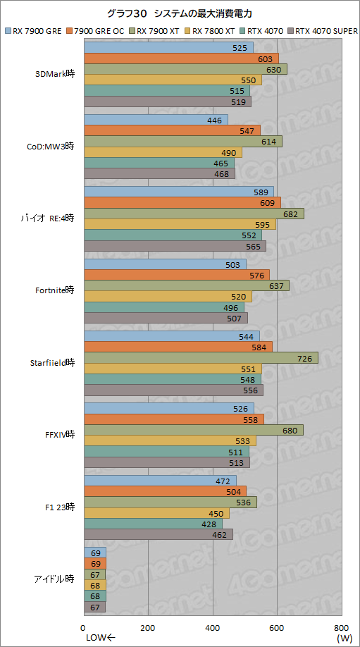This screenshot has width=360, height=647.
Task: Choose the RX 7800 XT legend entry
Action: pyautogui.click(x=211, y=31)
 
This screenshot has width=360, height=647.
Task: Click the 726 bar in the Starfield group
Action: pyautogui.click(x=201, y=358)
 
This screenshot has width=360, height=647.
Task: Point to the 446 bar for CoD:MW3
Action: pyautogui.click(x=156, y=120)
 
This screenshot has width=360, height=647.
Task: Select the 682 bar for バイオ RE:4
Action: pyautogui.click(x=194, y=214)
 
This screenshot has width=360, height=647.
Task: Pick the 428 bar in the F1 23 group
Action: pyautogui.click(x=153, y=524)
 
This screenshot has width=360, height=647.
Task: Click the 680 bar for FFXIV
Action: pyautogui.click(x=193, y=430)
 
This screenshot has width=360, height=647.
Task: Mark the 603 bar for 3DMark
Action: pyautogui.click(x=181, y=58)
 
